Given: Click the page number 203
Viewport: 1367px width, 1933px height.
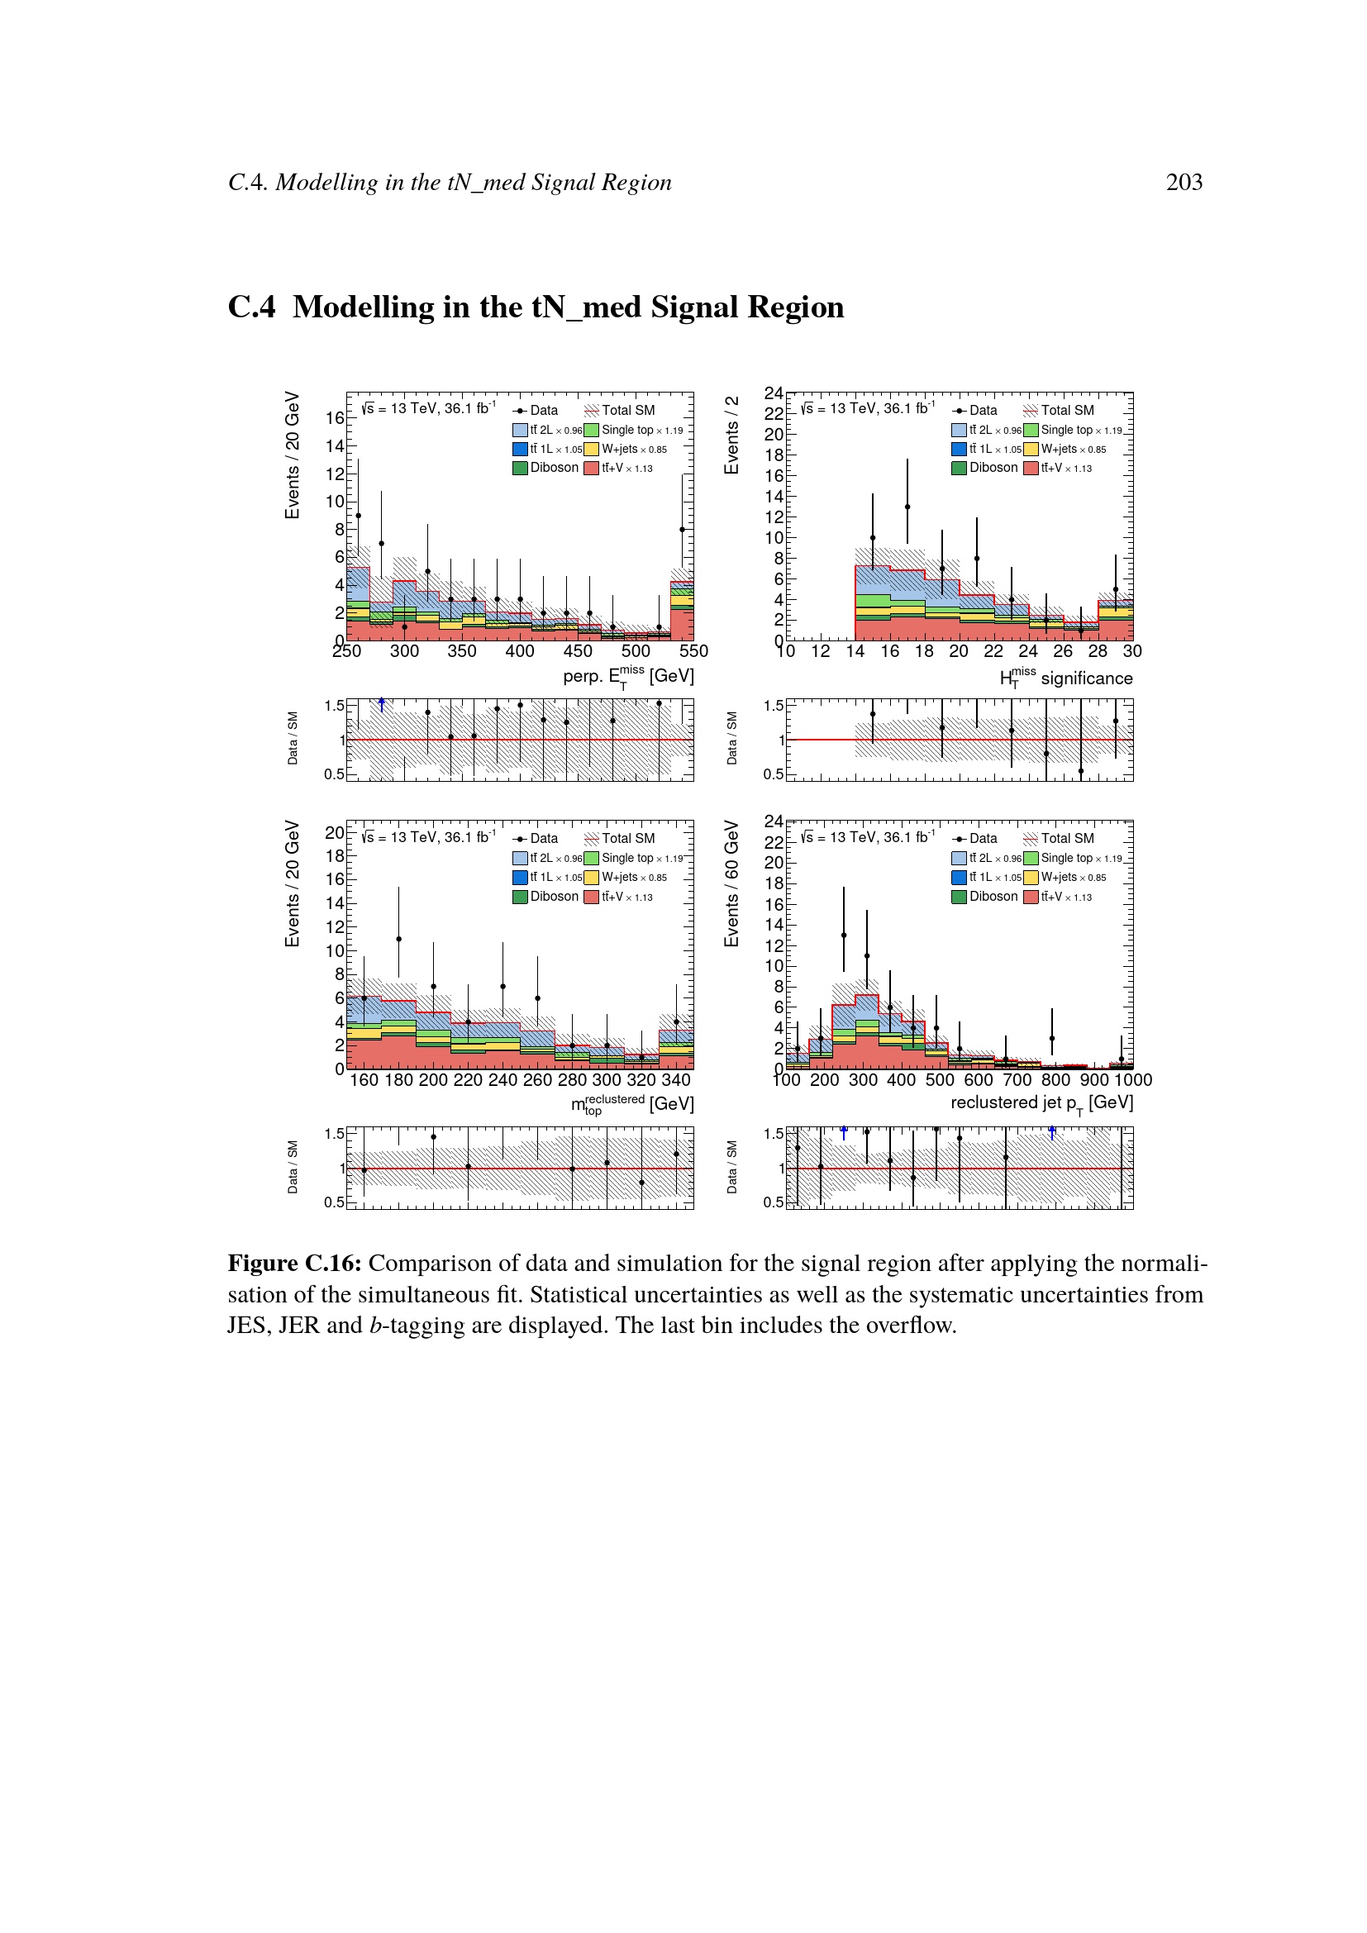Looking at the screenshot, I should (1184, 182).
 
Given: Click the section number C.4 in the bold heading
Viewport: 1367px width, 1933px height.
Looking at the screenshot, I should (251, 307).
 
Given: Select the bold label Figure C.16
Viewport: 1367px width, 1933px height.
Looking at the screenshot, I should (294, 1264).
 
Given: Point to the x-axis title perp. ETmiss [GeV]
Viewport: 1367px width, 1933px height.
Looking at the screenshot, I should (628, 676).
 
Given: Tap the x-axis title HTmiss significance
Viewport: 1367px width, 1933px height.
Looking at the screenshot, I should (1065, 678).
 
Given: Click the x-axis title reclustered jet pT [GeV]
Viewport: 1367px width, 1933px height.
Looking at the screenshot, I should (1041, 1104).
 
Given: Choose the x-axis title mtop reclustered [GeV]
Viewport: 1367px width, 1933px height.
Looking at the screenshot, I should (632, 1104).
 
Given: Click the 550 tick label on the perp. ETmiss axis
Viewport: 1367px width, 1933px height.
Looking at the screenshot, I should (693, 650).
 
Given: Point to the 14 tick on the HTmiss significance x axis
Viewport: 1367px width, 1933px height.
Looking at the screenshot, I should (855, 650).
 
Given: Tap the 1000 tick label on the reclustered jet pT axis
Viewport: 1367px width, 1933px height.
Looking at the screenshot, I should (1132, 1079).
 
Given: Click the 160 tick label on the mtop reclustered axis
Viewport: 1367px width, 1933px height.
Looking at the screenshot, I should (364, 1079).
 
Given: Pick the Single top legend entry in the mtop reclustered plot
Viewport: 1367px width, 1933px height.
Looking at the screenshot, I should (634, 858).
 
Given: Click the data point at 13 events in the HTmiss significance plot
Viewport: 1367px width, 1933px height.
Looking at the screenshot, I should (907, 507).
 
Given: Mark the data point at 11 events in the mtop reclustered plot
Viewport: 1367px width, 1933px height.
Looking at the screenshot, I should (398, 939).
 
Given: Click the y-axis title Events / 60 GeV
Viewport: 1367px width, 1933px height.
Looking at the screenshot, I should (731, 883).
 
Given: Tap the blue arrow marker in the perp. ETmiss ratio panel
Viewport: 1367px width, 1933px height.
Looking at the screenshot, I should (381, 704).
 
